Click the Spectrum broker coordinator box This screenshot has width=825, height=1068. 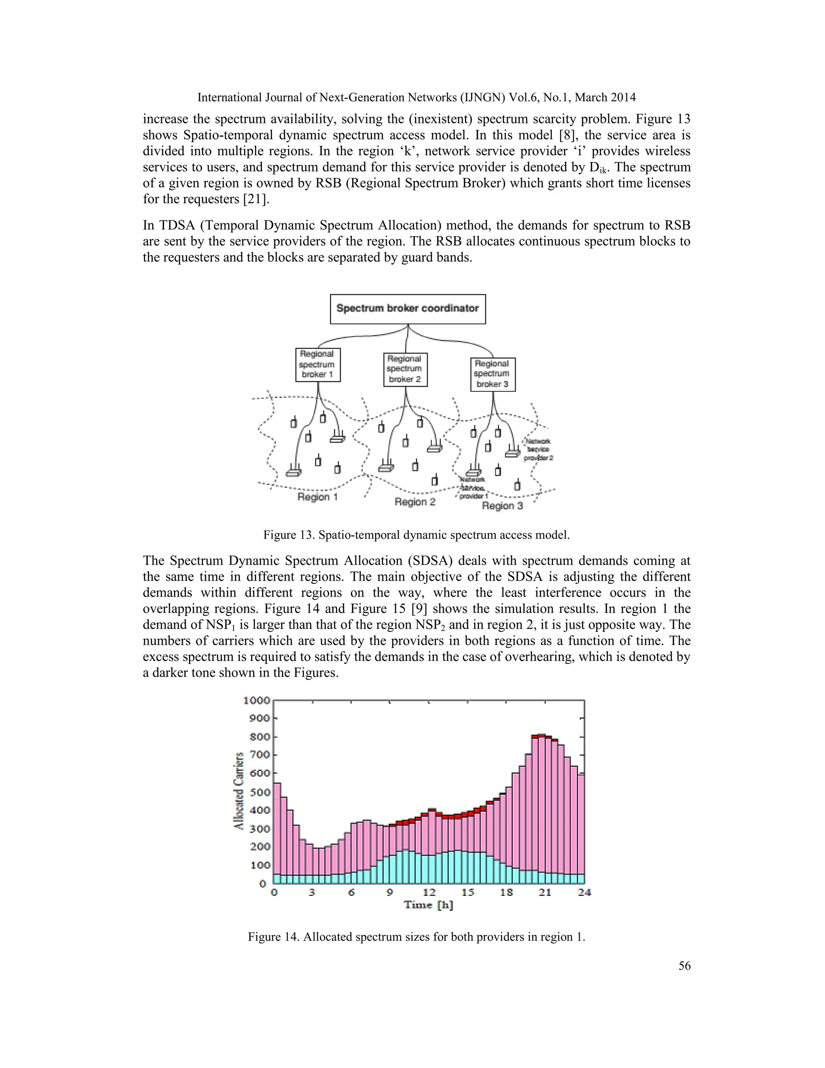[x=408, y=309]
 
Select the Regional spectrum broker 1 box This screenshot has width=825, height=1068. [x=318, y=364]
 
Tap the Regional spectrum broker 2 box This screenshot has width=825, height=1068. [x=405, y=369]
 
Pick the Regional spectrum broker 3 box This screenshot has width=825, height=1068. [x=493, y=374]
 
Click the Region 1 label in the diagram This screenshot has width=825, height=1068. [x=318, y=497]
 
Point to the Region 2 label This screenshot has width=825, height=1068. [x=415, y=502]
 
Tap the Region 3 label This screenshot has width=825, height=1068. [x=502, y=506]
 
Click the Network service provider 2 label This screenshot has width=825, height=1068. [x=538, y=449]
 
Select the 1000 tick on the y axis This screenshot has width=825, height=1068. [x=257, y=700]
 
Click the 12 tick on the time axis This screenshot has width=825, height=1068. [x=429, y=892]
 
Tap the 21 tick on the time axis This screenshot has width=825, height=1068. [x=545, y=892]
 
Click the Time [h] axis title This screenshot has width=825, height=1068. [x=428, y=905]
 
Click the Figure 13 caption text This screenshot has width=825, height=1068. [x=417, y=535]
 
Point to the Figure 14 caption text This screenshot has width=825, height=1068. [x=417, y=937]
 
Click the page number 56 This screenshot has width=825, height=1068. [x=684, y=966]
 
